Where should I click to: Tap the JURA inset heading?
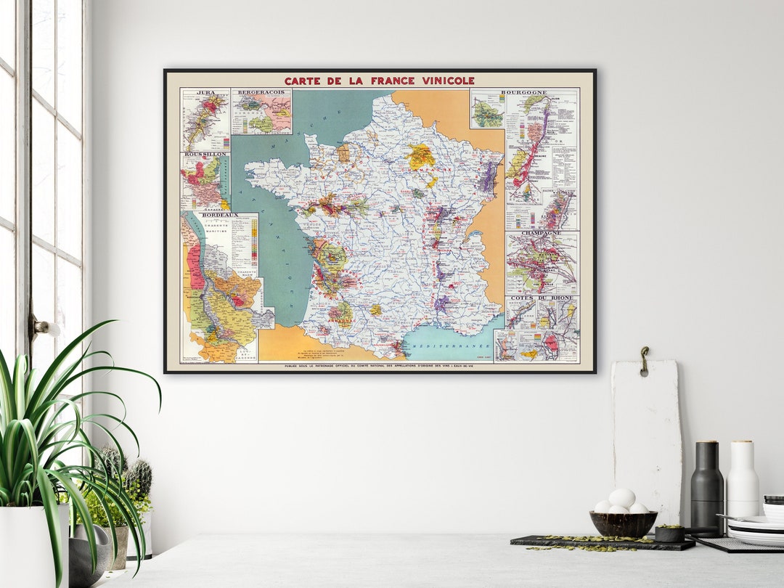[195, 93]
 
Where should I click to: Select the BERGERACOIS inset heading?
[261, 93]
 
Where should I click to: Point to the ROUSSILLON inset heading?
[205, 155]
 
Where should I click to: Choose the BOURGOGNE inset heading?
[541, 93]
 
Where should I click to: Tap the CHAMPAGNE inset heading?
[542, 234]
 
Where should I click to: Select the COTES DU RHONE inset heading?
[542, 298]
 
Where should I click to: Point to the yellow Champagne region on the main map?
[420, 156]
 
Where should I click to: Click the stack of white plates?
[755, 528]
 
